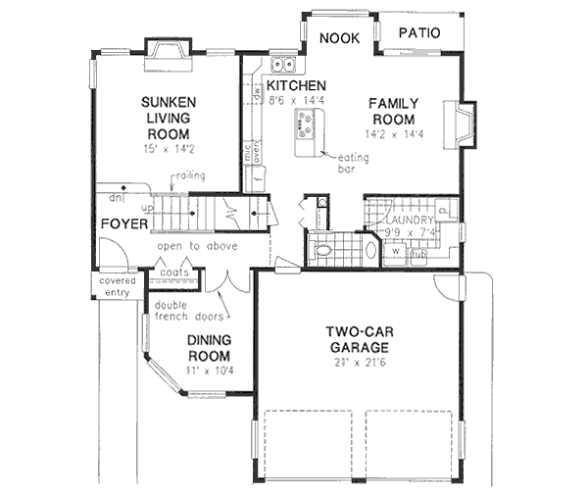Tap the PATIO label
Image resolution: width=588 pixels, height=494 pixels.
[418, 34]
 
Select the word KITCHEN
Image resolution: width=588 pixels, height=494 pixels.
[296, 85]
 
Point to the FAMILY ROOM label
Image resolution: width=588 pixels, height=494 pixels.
[394, 111]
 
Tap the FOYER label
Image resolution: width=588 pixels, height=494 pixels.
[124, 224]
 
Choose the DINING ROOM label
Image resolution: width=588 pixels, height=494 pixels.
[209, 349]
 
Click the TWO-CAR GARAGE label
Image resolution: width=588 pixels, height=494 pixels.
[361, 339]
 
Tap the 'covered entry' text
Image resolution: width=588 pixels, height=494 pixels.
[115, 285]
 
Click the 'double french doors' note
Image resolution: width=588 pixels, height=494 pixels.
[183, 310]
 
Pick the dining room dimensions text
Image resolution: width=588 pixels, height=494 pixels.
[209, 371]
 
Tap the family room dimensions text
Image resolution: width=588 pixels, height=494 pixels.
[394, 132]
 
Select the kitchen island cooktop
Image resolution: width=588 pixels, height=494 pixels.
[306, 124]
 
